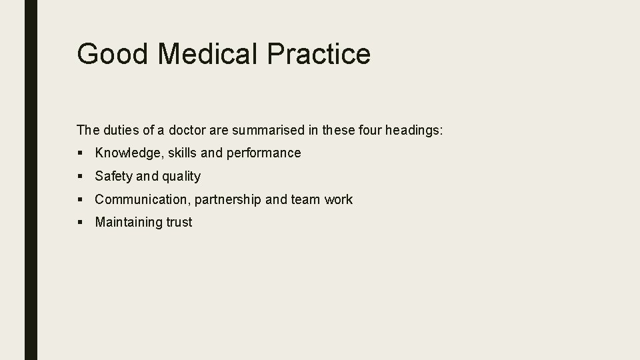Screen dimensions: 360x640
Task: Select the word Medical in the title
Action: click(x=207, y=53)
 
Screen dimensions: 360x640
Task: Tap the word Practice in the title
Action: click(x=319, y=53)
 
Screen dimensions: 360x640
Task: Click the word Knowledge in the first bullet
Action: click(x=129, y=153)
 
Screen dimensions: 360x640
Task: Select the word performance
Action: click(x=264, y=153)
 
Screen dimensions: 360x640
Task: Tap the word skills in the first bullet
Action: click(x=182, y=153)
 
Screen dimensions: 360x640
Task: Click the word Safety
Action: click(x=113, y=177)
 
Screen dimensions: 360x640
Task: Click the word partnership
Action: click(x=228, y=200)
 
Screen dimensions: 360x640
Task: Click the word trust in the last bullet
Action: click(x=179, y=223)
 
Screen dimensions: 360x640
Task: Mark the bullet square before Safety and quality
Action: click(x=80, y=177)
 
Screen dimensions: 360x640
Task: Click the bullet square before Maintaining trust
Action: click(x=80, y=223)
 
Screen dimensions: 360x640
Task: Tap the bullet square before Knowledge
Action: click(x=80, y=153)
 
